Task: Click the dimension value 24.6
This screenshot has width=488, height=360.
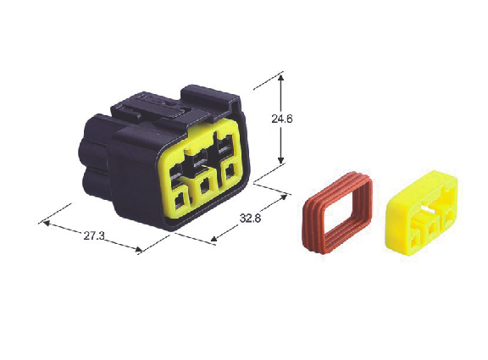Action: coord(281,119)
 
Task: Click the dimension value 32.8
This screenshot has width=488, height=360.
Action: coord(250,219)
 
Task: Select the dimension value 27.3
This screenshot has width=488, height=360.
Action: coord(94,235)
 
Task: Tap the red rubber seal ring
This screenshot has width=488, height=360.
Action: coord(337,213)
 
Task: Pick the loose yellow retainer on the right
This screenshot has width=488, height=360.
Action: coord(422,213)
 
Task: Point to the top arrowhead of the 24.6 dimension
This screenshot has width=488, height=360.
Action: coord(280,77)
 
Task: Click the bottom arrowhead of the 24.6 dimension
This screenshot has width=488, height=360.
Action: coord(280,160)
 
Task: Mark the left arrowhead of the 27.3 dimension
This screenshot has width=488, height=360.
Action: coord(46,223)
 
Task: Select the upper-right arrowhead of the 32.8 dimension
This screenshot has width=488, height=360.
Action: coord(283,197)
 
